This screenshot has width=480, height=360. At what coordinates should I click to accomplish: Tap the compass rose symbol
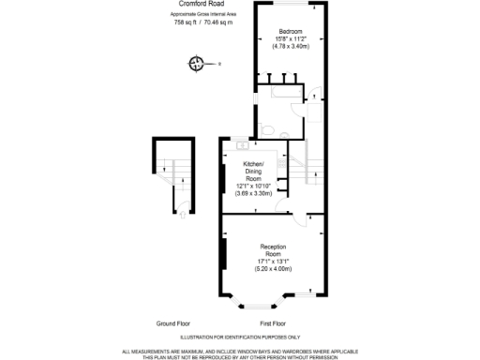pyautogui.click(x=197, y=64)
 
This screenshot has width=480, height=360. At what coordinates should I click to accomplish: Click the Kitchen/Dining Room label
pyautogui.click(x=253, y=170)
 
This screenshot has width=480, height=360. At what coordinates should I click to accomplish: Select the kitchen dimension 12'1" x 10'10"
pyautogui.click(x=253, y=186)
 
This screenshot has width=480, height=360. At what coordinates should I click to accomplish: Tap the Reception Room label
pyautogui.click(x=273, y=250)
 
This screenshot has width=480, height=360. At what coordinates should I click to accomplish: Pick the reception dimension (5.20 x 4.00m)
pyautogui.click(x=273, y=268)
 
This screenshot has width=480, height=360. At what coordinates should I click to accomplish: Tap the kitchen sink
pyautogui.click(x=243, y=146)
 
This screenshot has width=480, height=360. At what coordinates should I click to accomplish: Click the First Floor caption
pyautogui.click(x=273, y=322)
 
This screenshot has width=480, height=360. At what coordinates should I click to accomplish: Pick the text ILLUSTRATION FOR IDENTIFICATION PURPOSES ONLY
pyautogui.click(x=239, y=337)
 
